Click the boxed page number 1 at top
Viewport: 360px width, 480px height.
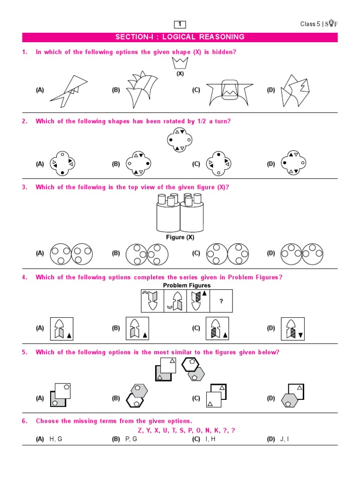click(x=180, y=24)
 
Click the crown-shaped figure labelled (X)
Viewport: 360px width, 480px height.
click(x=180, y=63)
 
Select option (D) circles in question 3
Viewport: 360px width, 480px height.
click(x=302, y=254)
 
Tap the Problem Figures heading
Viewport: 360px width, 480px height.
click(x=187, y=285)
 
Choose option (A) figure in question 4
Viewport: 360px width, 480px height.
click(x=61, y=328)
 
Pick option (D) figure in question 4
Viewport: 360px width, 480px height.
click(x=292, y=328)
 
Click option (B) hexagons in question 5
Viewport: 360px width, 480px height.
click(x=136, y=395)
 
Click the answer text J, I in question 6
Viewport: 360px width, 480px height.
click(x=285, y=439)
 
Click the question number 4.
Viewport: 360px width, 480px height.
click(x=24, y=277)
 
